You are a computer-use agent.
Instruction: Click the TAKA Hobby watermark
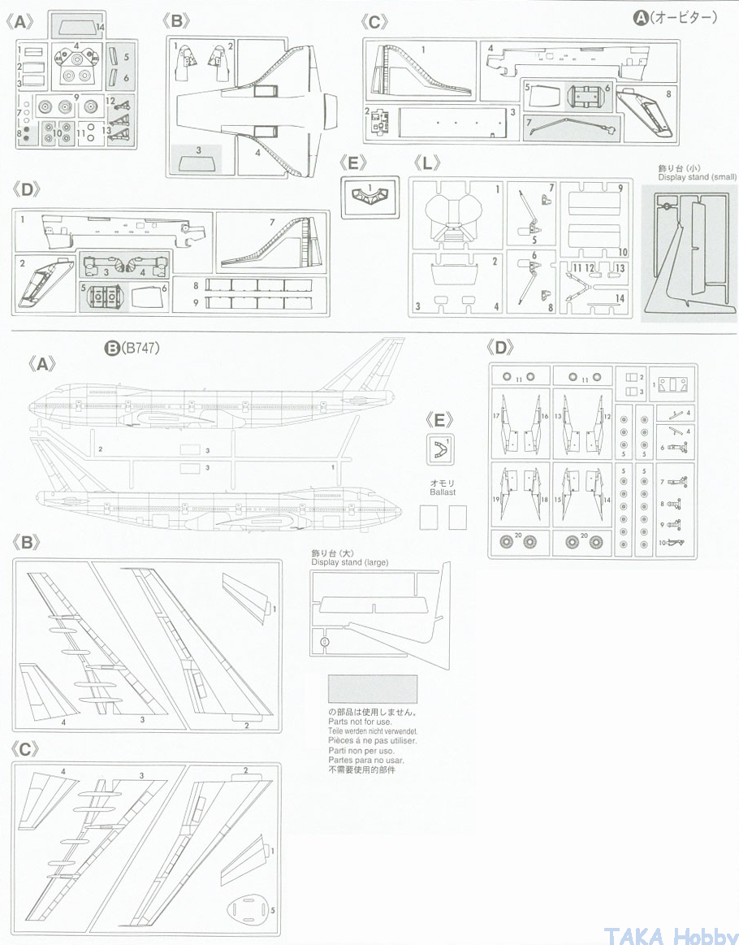(x=671, y=934)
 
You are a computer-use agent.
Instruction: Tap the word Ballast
(x=443, y=492)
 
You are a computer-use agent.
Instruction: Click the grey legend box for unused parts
(x=372, y=689)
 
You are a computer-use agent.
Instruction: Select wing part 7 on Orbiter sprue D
(x=272, y=243)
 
